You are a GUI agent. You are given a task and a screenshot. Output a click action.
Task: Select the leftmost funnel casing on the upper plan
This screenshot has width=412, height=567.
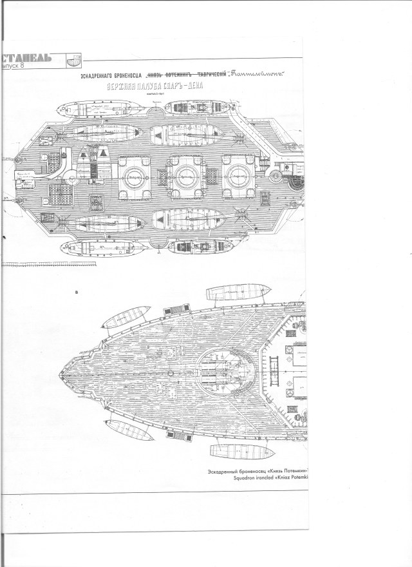pyautogui.click(x=133, y=175)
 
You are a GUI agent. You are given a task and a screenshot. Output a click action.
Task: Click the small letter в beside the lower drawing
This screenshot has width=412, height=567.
pyautogui.click(x=77, y=292)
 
